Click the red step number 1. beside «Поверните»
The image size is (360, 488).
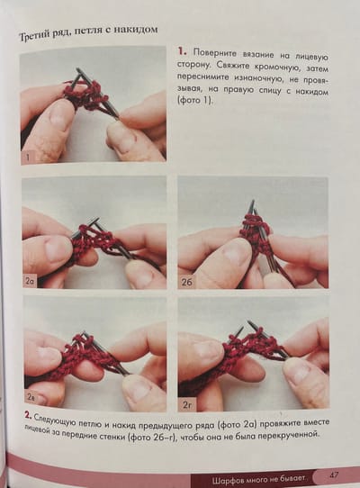coord(183,51)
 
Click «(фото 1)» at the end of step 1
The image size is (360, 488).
coord(195,101)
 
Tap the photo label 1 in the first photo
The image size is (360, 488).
coord(28,158)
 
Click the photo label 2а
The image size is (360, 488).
coord(30,282)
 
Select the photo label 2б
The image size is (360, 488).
coord(186,283)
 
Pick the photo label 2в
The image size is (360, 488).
coord(31,397)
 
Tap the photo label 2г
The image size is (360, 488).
coord(186,405)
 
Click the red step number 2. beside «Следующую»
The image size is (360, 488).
coord(29,416)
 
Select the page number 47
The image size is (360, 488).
coord(333,475)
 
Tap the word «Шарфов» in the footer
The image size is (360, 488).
coord(225,480)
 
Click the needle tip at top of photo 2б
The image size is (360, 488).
coord(253,201)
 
